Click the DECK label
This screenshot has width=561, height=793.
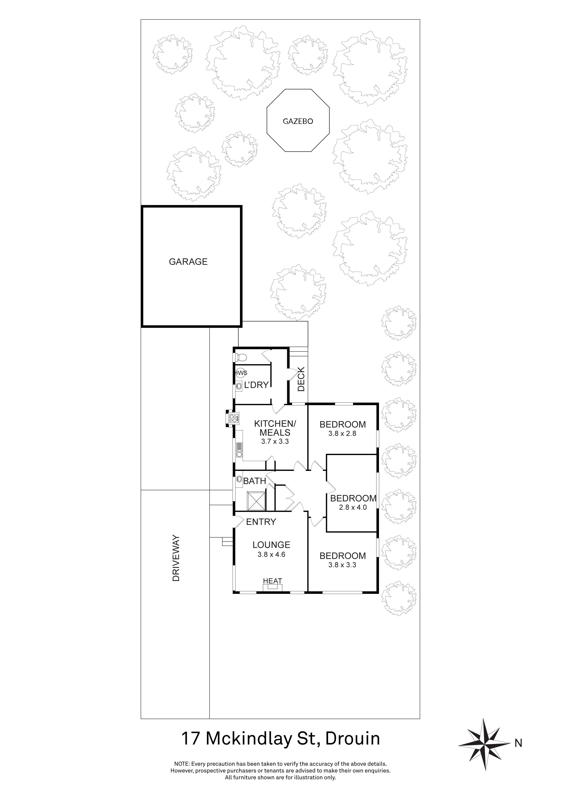(x=301, y=379)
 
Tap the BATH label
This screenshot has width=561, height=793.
(x=255, y=481)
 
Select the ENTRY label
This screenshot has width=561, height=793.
(x=261, y=522)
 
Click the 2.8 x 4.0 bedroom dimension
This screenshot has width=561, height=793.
(x=353, y=507)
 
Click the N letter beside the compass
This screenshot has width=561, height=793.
(x=518, y=743)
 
